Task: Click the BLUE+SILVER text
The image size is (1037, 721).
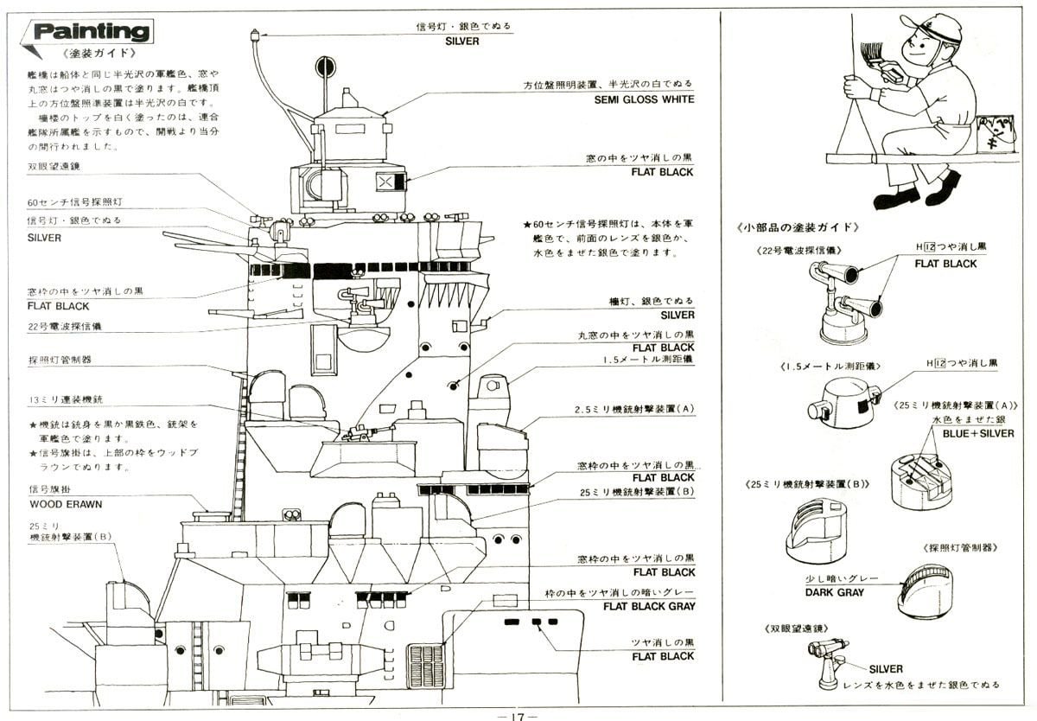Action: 978,433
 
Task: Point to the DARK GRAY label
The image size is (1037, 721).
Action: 830,592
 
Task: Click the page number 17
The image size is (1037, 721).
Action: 518,714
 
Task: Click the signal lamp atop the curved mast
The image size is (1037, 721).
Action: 255,37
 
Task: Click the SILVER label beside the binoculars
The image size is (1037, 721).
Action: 886,669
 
